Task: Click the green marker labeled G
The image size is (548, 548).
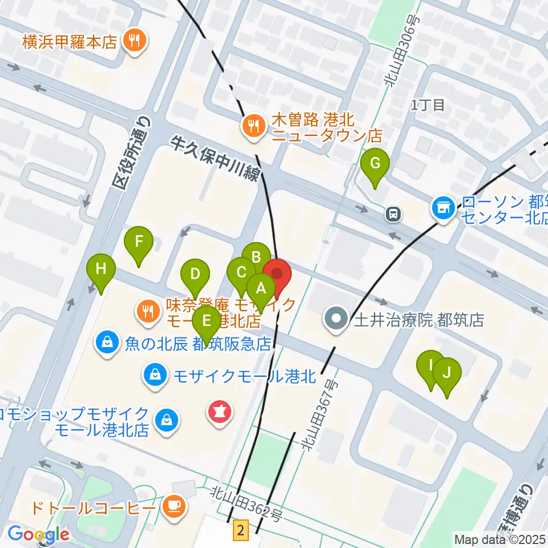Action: point(376,164)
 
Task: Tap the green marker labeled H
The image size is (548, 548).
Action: point(101,268)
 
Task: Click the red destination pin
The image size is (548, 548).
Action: point(277,275)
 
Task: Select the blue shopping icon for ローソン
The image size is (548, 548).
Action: point(443,206)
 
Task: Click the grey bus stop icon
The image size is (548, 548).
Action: point(393,214)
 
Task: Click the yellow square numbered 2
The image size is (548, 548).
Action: point(241,531)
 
